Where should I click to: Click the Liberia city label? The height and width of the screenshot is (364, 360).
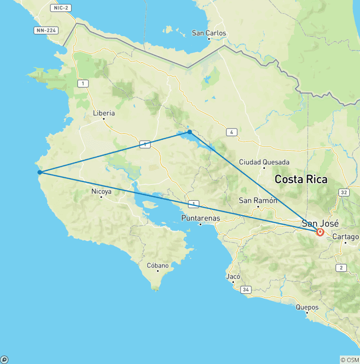[x=104, y=113]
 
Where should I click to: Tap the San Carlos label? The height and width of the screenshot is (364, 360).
[x=209, y=33]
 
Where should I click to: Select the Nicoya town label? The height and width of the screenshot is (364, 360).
[x=101, y=191]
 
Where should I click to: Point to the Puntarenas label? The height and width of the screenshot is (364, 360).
[x=201, y=218]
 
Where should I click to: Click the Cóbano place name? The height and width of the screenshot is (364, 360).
[x=157, y=265]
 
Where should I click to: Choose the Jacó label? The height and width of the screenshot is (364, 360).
[x=233, y=276]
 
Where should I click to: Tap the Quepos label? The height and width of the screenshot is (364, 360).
[x=307, y=308]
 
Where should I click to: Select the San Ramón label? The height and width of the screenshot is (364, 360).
[x=258, y=200]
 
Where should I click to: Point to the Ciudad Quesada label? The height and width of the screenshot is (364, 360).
[x=263, y=162]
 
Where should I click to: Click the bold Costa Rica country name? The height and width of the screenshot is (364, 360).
[x=301, y=179]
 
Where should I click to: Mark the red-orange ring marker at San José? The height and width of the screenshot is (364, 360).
[x=320, y=232]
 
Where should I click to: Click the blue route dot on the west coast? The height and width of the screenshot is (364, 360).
[x=40, y=172]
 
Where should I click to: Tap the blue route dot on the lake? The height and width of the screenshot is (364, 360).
[x=189, y=132]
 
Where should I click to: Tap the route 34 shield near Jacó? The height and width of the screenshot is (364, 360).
[x=246, y=290]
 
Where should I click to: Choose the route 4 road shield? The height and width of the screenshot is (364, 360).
[x=231, y=132]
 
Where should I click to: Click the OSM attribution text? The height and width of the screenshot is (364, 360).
[x=350, y=360]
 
